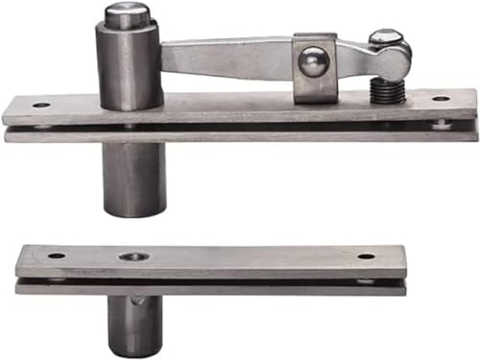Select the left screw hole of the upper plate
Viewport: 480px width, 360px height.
tap(41, 104)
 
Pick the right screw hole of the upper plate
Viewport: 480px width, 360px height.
tap(440, 99)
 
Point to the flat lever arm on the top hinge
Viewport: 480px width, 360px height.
tap(226, 58)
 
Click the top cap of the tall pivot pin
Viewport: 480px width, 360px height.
tap(126, 15)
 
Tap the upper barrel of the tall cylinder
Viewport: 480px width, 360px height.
tap(129, 62)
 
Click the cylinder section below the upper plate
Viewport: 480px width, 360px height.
tap(133, 178)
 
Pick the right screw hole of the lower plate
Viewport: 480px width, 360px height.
tap(367, 256)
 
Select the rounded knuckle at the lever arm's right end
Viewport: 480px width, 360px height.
tap(391, 60)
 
